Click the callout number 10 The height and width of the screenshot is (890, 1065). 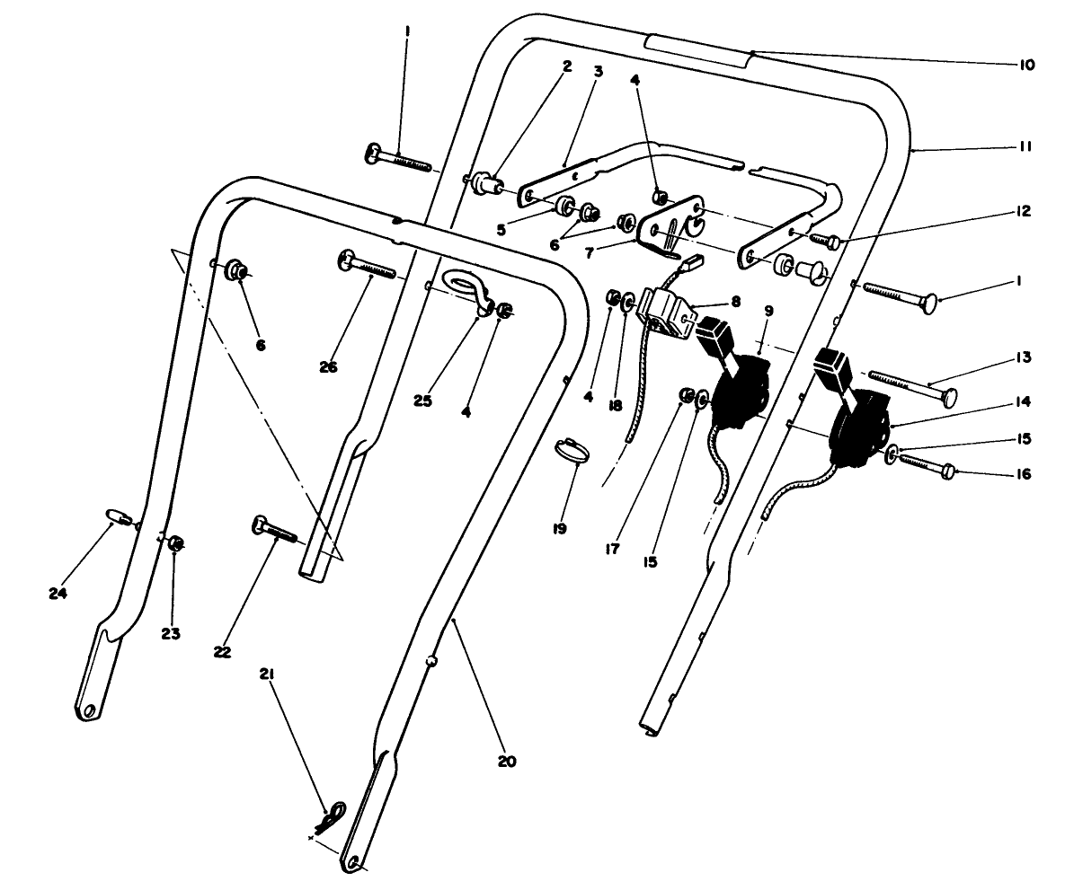1027,65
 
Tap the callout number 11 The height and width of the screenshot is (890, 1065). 1026,146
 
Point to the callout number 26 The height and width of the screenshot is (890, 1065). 328,366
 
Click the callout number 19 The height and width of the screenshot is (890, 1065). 559,529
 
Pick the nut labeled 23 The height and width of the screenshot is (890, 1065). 177,542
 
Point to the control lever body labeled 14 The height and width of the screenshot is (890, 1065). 860,427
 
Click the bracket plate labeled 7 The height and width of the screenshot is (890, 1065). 669,222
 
